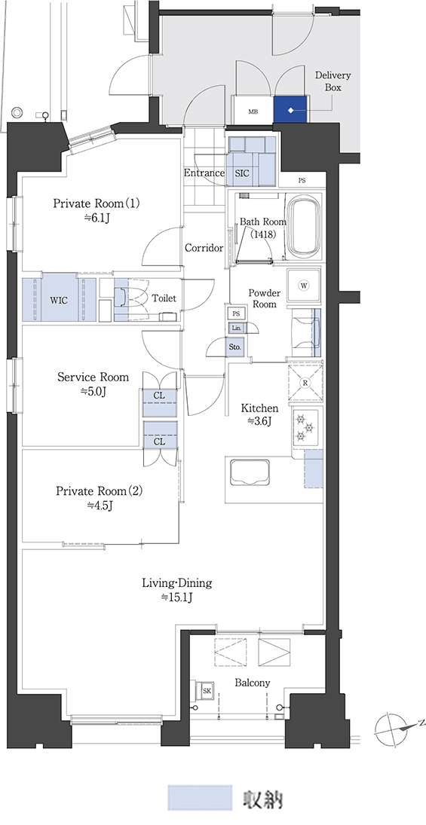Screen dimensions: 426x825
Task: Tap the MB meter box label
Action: (253, 112)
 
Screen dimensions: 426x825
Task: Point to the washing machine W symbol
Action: (304, 286)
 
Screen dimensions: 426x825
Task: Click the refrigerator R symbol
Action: (305, 383)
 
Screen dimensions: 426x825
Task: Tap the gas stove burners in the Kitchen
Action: (305, 427)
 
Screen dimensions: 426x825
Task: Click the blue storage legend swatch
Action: (200, 798)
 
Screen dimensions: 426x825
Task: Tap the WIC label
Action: (59, 301)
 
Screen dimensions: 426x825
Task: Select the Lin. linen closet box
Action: (236, 328)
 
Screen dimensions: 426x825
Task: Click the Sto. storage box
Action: (235, 347)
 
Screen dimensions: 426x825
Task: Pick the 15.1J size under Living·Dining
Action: (177, 597)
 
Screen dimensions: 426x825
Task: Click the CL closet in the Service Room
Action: (158, 395)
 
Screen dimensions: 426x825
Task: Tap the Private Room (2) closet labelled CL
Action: (158, 442)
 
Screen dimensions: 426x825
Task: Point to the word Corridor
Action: (204, 248)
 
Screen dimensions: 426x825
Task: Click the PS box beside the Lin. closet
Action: (236, 313)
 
